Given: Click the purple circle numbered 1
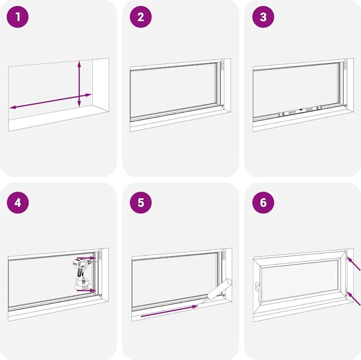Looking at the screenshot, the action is click(x=18, y=17).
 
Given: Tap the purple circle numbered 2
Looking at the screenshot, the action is click(x=140, y=17).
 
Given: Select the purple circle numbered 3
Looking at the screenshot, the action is click(x=263, y=17).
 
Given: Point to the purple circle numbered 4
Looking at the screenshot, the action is click(x=18, y=203).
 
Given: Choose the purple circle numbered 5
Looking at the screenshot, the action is click(x=140, y=203).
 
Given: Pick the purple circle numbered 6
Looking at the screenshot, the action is click(x=263, y=203).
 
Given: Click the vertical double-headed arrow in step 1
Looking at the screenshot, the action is click(x=79, y=84).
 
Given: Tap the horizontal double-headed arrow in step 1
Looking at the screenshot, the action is click(x=51, y=101).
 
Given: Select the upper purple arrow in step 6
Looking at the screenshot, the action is click(x=353, y=263).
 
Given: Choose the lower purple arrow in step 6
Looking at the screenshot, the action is click(x=353, y=298).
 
